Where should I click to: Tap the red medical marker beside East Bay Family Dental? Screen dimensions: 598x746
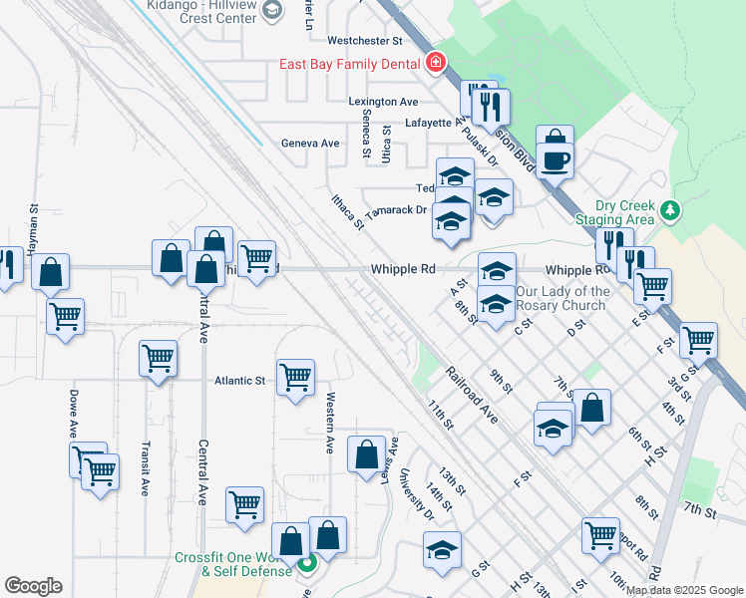[x=435, y=65]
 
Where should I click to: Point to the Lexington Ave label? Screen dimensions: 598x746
[x=383, y=102]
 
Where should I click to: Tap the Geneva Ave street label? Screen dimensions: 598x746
[x=310, y=144]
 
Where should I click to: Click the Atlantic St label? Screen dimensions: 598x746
[x=240, y=380]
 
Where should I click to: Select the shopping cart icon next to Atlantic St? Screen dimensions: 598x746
[x=295, y=378]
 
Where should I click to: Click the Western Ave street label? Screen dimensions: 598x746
[x=330, y=423]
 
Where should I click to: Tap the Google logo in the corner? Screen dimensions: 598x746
[x=33, y=586]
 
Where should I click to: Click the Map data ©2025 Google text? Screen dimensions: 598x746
[x=685, y=590]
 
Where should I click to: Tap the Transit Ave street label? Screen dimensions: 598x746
[x=146, y=468]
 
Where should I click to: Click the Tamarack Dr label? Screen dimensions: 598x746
[x=396, y=211]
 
